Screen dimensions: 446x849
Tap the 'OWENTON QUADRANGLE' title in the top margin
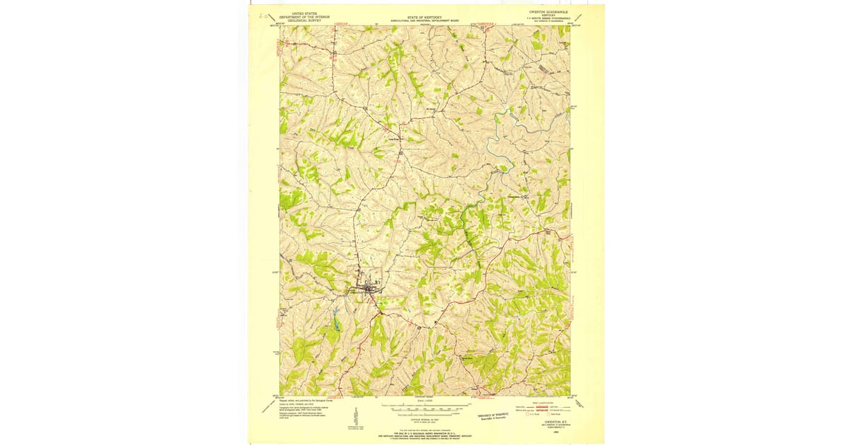(548, 12)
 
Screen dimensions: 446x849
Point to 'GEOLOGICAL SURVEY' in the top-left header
(300, 21)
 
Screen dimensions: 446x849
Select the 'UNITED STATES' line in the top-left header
(300, 13)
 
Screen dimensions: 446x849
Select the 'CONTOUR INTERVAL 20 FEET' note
(424, 421)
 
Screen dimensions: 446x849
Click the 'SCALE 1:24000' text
(424, 401)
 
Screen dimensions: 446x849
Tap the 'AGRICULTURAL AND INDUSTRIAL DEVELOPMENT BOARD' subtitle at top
(424, 21)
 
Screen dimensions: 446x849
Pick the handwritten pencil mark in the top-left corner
(264, 15)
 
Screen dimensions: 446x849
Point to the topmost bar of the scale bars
(424, 406)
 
